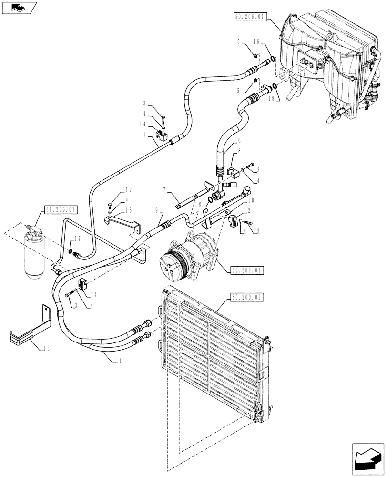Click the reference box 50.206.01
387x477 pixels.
coord(250,17)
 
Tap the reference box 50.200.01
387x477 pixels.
coord(247,270)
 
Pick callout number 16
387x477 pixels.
coord(270,42)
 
